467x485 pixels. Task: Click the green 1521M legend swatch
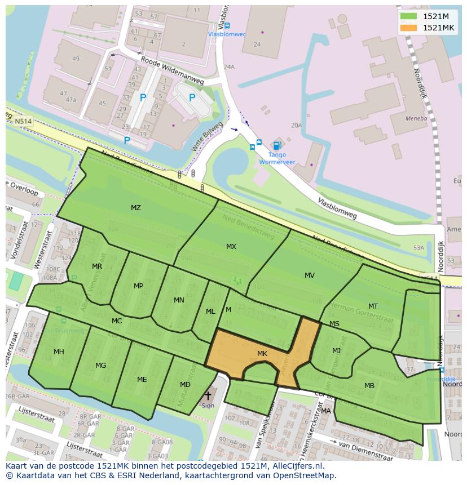tap(409, 16)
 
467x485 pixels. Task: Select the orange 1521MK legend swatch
tap(409, 28)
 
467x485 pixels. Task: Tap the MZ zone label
tap(135, 208)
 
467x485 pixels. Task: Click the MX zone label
tap(231, 247)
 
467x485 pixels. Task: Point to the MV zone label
tap(310, 275)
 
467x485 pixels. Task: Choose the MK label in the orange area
tap(262, 354)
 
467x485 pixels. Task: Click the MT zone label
tap(373, 306)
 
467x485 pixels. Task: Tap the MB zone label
tap(369, 386)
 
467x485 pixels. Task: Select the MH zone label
tap(59, 352)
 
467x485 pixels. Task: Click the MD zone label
tap(185, 385)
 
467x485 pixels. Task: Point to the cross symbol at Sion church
tap(208, 396)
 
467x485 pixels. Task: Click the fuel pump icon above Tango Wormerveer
tap(276, 146)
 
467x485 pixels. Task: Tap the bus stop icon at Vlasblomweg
tap(227, 25)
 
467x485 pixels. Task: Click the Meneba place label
tap(416, 119)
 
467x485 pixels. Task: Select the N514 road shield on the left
tap(24, 121)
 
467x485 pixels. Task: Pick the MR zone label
tap(97, 266)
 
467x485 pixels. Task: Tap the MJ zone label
tap(336, 351)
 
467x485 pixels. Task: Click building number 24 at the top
tap(257, 45)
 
